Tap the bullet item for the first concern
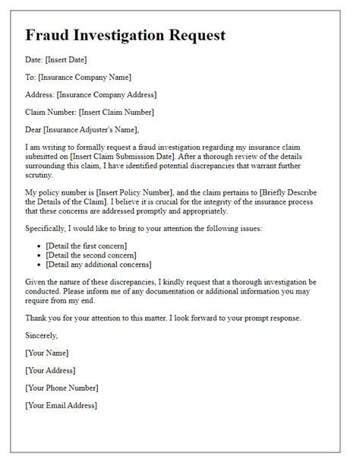click(x=85, y=246)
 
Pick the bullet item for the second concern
click(x=91, y=255)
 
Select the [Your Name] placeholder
click(x=47, y=353)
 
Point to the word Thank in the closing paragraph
click(x=38, y=319)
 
